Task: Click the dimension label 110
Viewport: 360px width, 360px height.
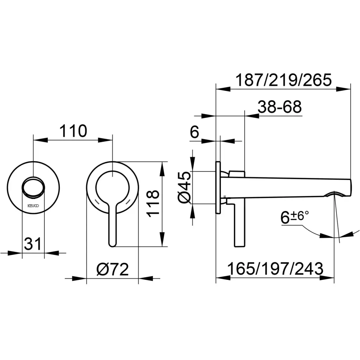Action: click(x=73, y=131)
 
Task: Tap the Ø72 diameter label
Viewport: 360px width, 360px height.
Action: click(x=112, y=270)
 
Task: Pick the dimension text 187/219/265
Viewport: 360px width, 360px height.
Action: click(x=283, y=81)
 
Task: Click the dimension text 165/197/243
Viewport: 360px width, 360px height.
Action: click(x=275, y=269)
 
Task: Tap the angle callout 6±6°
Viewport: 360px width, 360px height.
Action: click(x=295, y=217)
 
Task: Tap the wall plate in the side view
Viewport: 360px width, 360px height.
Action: click(x=218, y=187)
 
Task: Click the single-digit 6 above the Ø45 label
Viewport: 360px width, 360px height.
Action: click(x=194, y=133)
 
